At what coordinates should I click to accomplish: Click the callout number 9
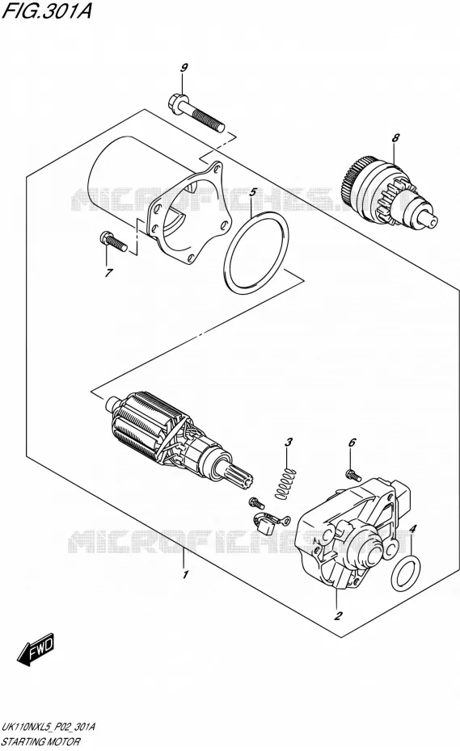tap(184, 68)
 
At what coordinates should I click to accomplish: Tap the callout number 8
tap(395, 138)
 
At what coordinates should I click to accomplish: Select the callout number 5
tap(253, 193)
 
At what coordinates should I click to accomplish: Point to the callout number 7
tap(109, 273)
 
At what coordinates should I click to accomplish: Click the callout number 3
tap(289, 442)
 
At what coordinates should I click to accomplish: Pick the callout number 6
tap(352, 443)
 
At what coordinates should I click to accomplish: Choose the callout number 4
tap(413, 529)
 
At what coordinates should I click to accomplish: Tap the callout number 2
tap(338, 615)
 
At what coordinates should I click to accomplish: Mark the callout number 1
tap(185, 574)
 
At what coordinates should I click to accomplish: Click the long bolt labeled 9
tap(196, 114)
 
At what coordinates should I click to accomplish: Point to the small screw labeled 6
tap(352, 475)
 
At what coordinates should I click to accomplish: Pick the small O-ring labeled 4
tap(407, 574)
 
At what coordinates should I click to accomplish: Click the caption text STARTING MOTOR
tap(41, 742)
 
